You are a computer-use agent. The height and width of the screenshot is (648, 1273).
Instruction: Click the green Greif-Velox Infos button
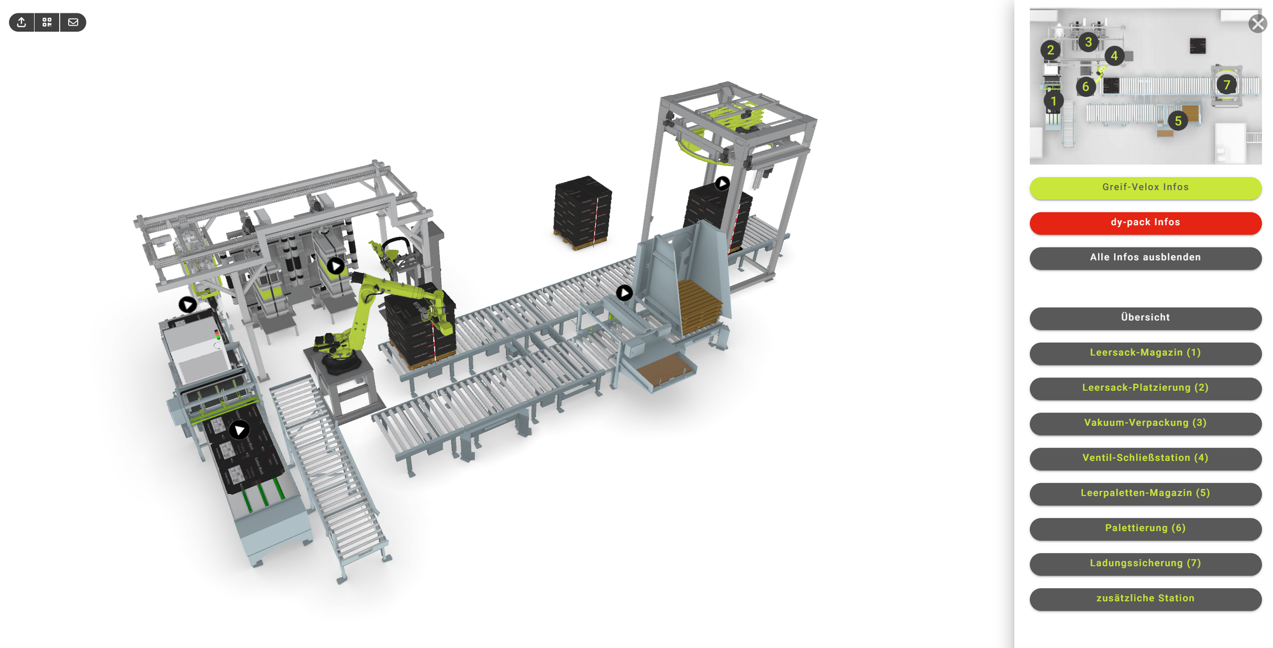pyautogui.click(x=1145, y=187)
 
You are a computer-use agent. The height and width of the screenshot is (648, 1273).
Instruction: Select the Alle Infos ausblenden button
pyautogui.click(x=1145, y=258)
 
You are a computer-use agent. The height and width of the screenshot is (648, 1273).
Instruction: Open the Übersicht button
pyautogui.click(x=1145, y=318)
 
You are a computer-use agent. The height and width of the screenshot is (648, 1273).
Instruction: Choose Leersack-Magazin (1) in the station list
pyautogui.click(x=1145, y=353)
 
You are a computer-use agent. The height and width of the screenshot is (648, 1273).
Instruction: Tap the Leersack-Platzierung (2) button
pyautogui.click(x=1145, y=388)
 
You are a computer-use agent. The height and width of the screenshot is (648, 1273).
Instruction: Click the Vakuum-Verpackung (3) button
pyautogui.click(x=1145, y=423)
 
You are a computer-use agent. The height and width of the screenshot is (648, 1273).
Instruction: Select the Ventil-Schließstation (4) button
pyautogui.click(x=1145, y=458)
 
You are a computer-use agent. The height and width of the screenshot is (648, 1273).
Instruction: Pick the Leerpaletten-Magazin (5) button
pyautogui.click(x=1145, y=493)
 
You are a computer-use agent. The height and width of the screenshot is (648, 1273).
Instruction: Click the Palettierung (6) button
pyautogui.click(x=1145, y=528)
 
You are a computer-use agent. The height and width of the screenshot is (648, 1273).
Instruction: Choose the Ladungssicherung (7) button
pyautogui.click(x=1145, y=563)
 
